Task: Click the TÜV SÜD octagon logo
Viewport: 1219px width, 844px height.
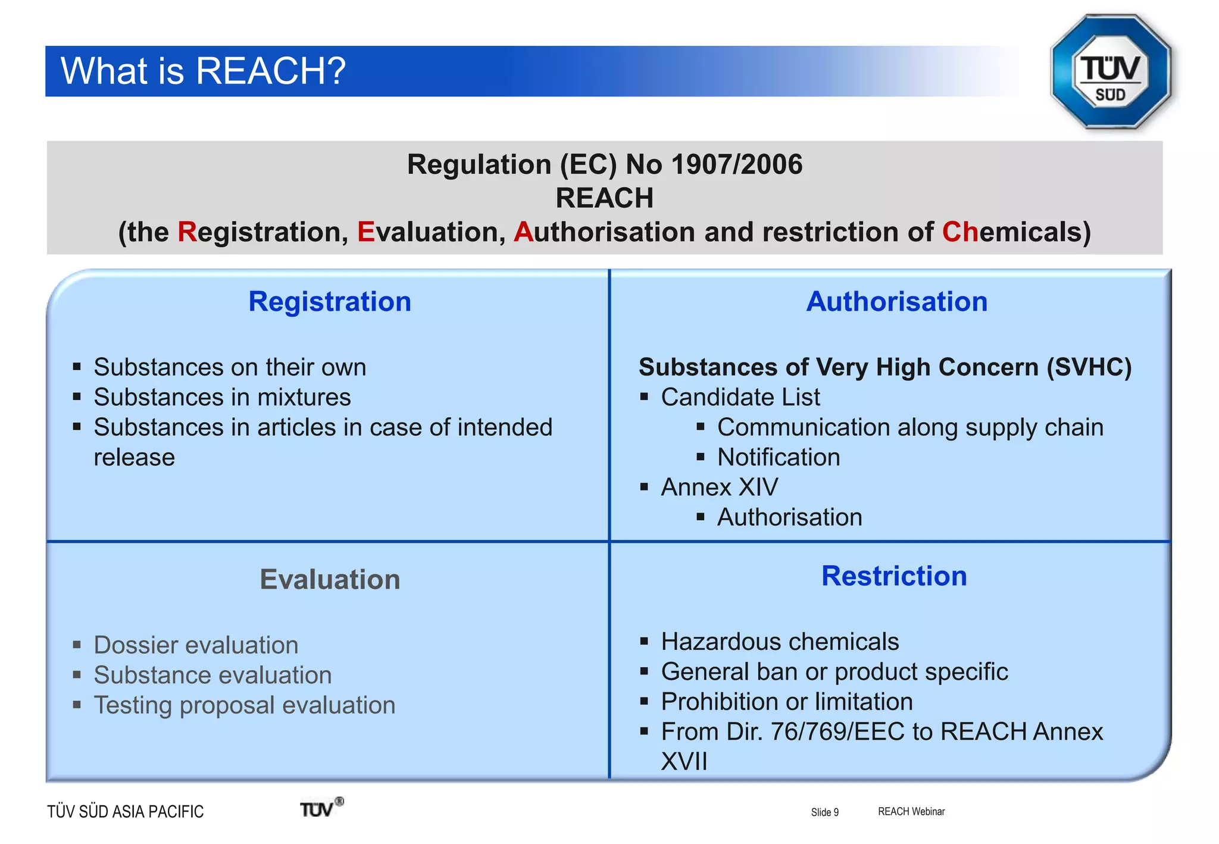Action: click(1111, 72)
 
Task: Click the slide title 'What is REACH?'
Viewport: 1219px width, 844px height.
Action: click(203, 71)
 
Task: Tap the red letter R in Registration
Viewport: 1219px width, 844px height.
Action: click(187, 232)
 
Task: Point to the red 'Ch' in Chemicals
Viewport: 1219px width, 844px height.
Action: click(959, 232)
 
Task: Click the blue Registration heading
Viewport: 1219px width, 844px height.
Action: click(330, 302)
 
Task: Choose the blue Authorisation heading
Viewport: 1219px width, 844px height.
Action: click(896, 302)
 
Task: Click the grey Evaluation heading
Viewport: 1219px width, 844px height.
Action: click(330, 579)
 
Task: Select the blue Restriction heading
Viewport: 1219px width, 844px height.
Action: click(894, 576)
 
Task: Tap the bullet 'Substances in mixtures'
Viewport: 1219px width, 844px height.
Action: click(222, 397)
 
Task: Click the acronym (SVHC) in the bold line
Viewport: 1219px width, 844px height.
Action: click(1089, 367)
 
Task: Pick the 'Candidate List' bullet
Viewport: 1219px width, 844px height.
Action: click(740, 397)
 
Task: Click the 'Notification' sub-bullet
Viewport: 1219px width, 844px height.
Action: click(779, 457)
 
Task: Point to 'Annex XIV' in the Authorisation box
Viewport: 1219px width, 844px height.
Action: click(719, 487)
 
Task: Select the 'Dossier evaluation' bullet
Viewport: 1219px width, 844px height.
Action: click(196, 645)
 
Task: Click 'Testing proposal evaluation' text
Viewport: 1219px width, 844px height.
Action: click(244, 705)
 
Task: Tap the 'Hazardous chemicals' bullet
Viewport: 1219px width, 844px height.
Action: click(780, 642)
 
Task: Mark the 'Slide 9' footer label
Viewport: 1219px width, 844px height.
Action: click(824, 812)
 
